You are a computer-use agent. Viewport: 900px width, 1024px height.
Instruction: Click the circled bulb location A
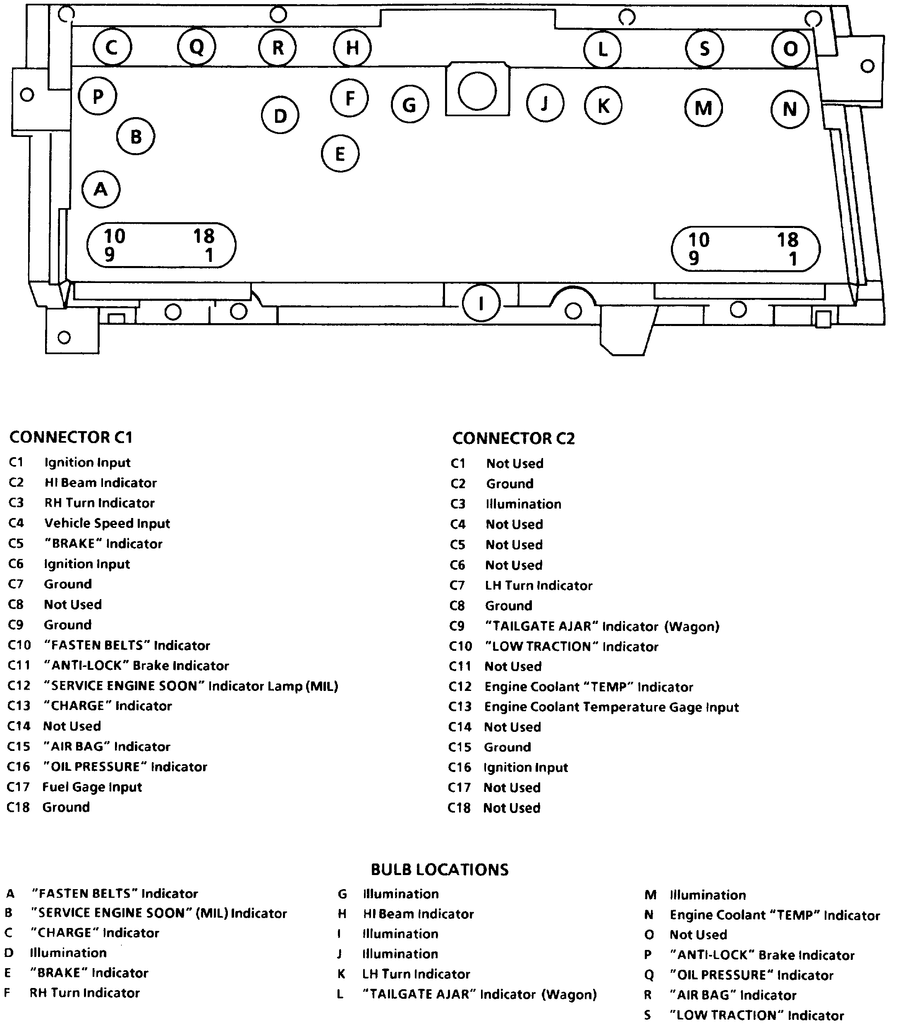pos(101,189)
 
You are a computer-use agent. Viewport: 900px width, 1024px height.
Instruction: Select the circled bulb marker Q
pos(196,47)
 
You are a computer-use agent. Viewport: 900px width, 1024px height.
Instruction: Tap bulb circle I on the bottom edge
pos(481,304)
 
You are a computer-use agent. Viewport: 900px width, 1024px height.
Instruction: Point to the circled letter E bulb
pos(340,153)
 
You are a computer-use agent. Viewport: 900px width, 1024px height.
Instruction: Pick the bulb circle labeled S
pos(704,48)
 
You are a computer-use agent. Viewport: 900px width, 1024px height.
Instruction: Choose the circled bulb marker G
pos(410,105)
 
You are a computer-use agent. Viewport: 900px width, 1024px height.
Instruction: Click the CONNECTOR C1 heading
pos(71,437)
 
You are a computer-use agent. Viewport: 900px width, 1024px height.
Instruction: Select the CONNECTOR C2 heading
pos(513,439)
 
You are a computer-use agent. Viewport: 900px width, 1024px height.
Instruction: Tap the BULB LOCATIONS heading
pos(439,869)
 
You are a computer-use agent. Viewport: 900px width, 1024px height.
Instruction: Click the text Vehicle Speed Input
pos(107,523)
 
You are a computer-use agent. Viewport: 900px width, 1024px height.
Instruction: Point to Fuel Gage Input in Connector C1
pos(92,787)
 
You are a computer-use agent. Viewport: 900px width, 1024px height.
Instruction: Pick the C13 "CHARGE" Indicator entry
pos(107,706)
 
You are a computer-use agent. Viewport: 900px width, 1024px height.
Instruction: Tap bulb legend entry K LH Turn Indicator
pos(416,974)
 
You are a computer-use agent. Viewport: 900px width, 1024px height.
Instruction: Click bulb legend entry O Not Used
pos(698,935)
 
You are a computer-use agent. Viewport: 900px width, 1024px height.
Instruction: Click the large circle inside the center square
pos(477,91)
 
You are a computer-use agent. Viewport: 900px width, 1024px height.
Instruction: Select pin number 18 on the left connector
pos(204,236)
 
